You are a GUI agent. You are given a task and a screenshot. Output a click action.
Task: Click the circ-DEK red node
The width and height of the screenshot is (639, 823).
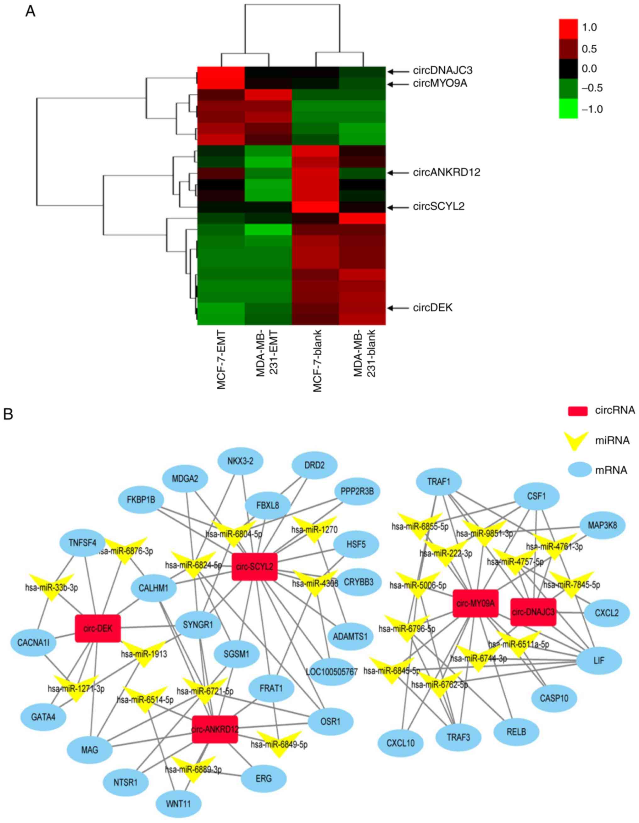97,628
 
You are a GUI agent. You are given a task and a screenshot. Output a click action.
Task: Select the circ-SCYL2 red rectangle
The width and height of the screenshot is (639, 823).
254,566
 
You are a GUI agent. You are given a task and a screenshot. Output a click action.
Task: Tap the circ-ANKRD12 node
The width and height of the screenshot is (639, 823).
215,729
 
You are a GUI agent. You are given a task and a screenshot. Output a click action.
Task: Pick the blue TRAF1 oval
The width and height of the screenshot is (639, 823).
439,482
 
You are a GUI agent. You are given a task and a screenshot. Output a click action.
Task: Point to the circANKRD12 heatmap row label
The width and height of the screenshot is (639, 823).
446,173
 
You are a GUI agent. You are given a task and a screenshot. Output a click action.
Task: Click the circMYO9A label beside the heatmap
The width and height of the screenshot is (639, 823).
440,84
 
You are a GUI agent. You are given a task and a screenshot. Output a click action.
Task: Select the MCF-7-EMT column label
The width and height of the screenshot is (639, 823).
221,360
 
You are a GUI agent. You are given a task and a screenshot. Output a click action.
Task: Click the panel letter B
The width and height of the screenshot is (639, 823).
8,414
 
